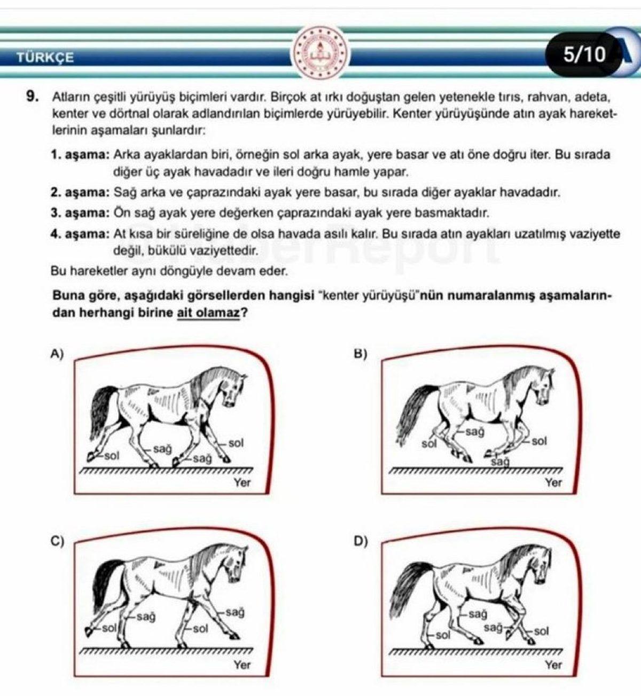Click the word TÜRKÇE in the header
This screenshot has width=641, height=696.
click(x=45, y=57)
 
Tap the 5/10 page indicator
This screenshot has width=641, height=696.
click(x=585, y=54)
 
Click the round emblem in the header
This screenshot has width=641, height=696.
click(x=320, y=53)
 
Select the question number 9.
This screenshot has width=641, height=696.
click(x=33, y=97)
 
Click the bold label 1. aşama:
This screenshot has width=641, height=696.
click(x=80, y=155)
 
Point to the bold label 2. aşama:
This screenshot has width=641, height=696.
click(x=80, y=192)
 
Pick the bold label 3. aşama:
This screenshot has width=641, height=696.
click(x=80, y=213)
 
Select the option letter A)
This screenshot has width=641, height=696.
click(x=57, y=353)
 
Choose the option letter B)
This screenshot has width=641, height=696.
click(x=361, y=353)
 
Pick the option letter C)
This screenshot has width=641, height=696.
click(x=57, y=541)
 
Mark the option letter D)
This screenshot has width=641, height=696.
click(x=361, y=541)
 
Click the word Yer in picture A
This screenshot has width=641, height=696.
click(x=242, y=483)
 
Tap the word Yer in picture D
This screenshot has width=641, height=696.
click(x=553, y=665)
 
